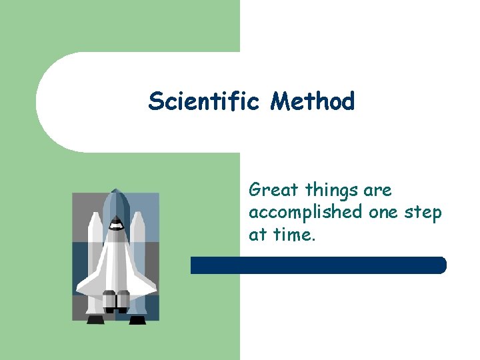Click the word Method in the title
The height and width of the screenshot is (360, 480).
(x=313, y=101)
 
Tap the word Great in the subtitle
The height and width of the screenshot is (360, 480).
(x=273, y=191)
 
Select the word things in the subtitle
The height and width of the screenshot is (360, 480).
(x=331, y=191)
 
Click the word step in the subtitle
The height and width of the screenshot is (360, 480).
(x=423, y=213)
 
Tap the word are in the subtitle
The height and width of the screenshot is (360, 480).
(x=377, y=191)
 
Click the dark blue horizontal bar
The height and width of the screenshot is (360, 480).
(x=318, y=265)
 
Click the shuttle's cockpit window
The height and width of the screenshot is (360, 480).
(x=116, y=225)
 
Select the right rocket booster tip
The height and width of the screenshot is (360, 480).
(x=138, y=215)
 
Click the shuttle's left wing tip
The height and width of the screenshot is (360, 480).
(x=79, y=289)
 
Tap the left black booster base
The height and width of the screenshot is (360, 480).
(x=95, y=320)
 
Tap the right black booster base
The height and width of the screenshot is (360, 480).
(x=137, y=320)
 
